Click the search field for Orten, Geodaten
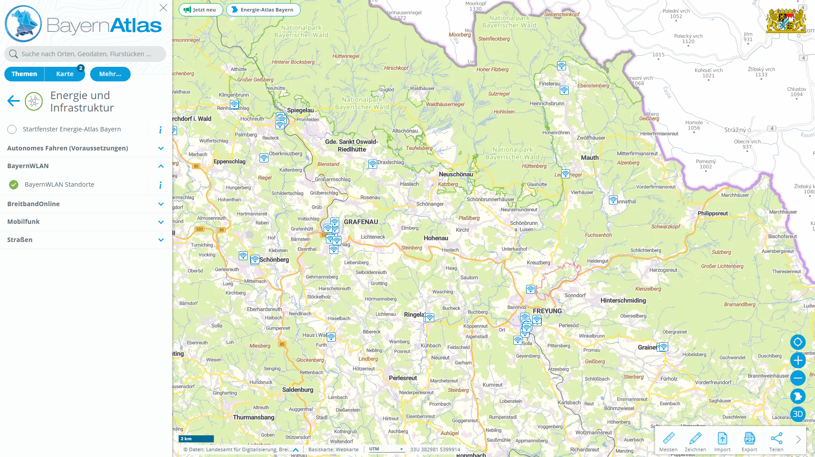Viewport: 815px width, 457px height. pos(86,54)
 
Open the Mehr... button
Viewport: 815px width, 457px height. pos(110,74)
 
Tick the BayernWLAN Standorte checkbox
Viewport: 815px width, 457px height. pos(14,184)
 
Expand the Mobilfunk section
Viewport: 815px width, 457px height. pos(161,222)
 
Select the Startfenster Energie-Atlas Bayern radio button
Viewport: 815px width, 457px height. pos(12,129)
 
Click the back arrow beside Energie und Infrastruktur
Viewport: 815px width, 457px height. pos(14,101)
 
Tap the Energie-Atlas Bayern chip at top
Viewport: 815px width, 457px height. pos(263,10)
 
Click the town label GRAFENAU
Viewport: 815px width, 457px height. pos(361,222)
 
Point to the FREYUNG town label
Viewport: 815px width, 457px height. pos(547,311)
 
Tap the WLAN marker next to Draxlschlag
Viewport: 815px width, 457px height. pos(373,164)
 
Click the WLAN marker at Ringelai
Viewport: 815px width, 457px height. pos(429,317)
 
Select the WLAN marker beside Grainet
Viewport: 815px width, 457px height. pos(663,347)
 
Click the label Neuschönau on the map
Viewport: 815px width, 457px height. pos(455,174)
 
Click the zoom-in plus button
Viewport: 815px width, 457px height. pos(798,360)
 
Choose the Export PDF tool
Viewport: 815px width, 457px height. pos(749,441)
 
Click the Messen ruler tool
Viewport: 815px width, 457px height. pos(668,441)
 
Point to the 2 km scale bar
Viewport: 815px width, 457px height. pos(196,439)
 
